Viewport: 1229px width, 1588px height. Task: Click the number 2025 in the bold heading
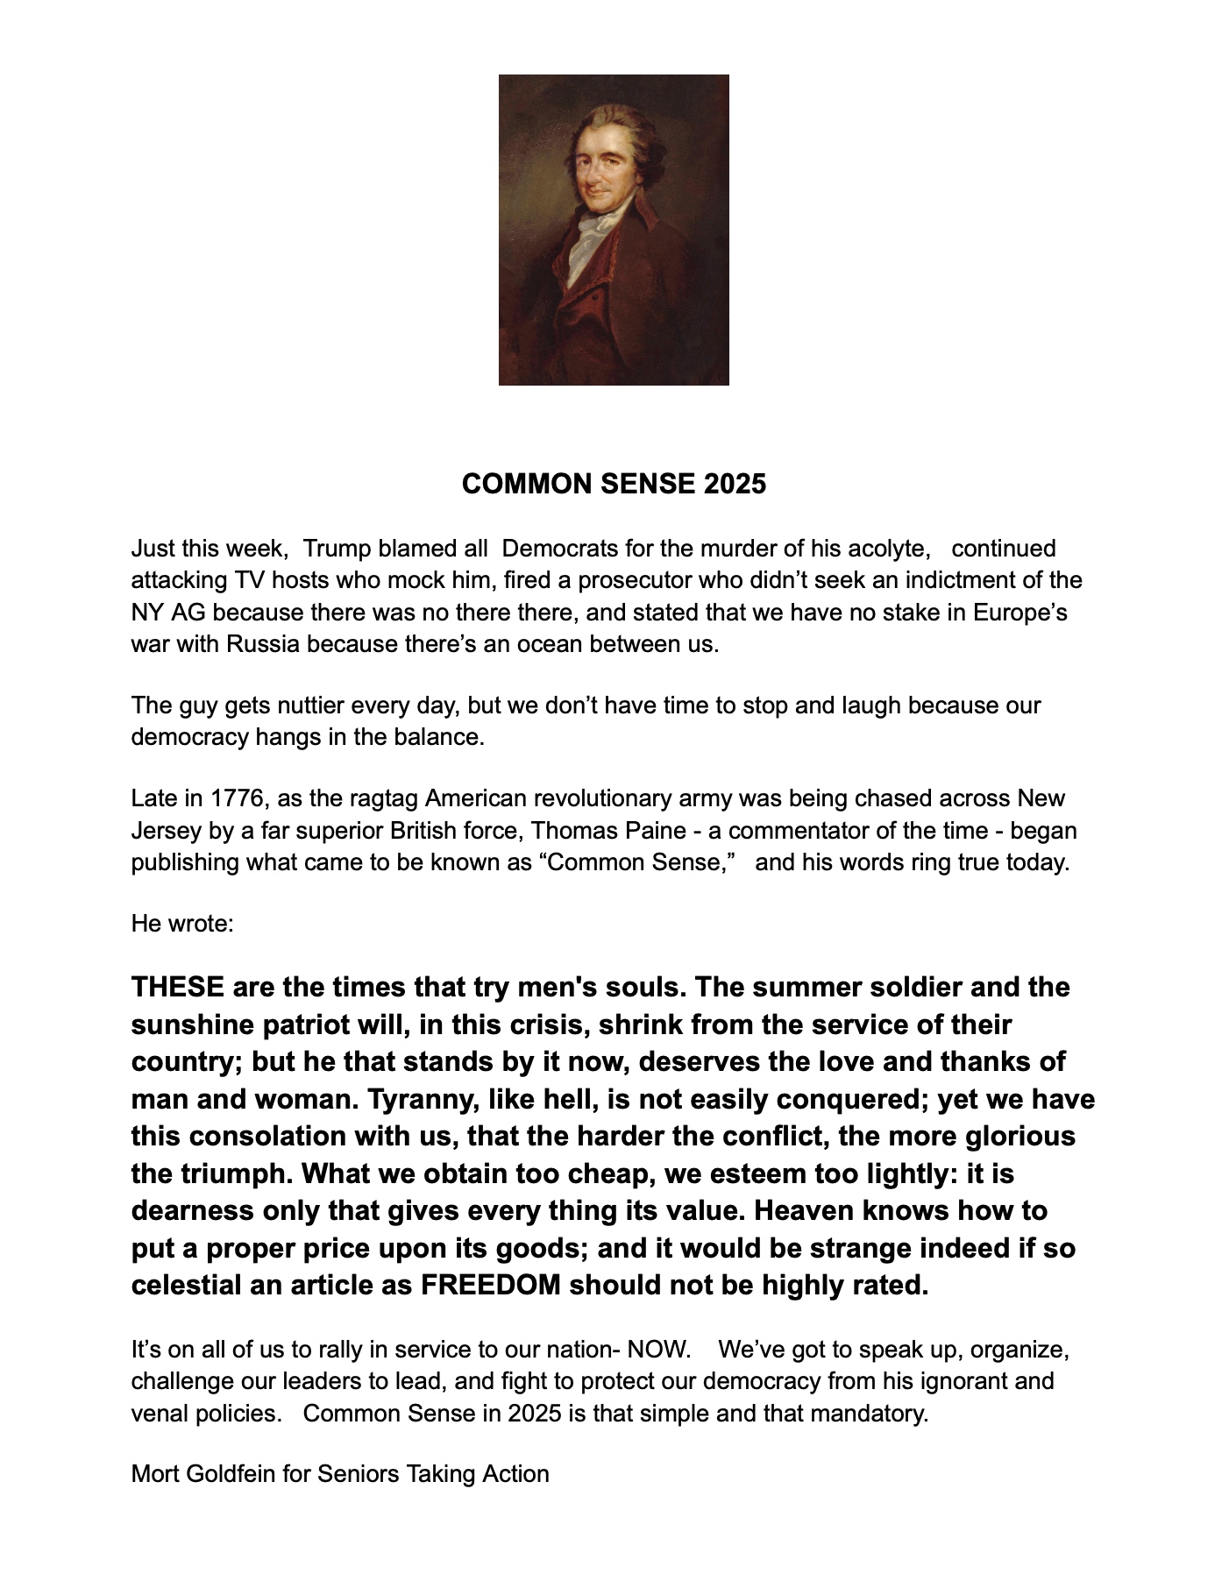click(x=734, y=484)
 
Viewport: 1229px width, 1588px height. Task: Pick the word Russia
click(x=263, y=644)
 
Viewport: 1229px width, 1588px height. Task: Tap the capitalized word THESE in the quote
click(x=178, y=987)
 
